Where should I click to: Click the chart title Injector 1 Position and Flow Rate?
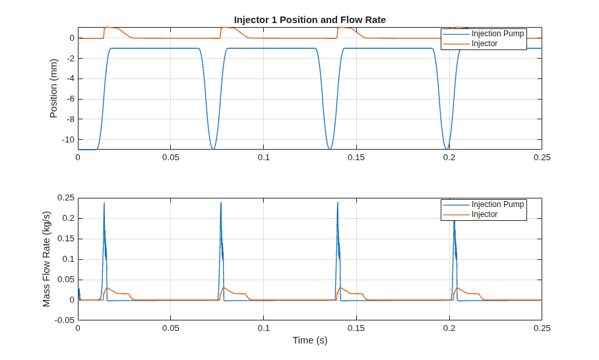pos(310,20)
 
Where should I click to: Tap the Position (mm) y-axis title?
pos(53,88)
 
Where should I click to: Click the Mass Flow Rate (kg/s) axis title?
pos(46,259)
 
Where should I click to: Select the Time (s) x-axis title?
pos(310,340)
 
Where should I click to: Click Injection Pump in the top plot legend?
pos(497,34)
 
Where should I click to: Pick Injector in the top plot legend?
pos(484,44)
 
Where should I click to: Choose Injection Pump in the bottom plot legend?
pos(497,204)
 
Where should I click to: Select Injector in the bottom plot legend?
pos(484,214)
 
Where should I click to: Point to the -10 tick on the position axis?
pos(68,140)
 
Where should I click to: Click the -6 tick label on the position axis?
pos(71,99)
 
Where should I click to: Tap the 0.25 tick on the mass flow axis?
pos(66,198)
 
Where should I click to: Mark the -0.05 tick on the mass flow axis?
pos(65,320)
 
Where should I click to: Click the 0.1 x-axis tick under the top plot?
pos(264,158)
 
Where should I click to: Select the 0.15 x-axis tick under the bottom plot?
pos(356,328)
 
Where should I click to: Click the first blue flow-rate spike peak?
pos(104,202)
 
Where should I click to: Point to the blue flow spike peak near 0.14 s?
pos(338,202)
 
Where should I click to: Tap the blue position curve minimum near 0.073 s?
pos(213,149)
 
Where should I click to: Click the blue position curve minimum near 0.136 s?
pos(330,149)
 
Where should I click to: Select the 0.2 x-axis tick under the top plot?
pos(449,158)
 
